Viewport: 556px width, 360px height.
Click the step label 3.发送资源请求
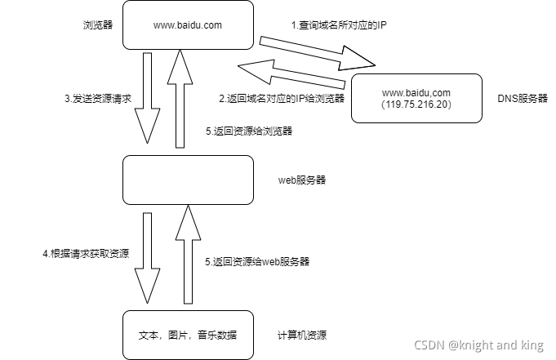click(x=98, y=98)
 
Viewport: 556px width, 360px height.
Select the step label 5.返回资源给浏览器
click(x=249, y=131)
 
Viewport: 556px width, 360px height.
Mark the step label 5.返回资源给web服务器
click(x=257, y=262)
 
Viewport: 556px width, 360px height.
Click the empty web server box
click(x=187, y=180)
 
